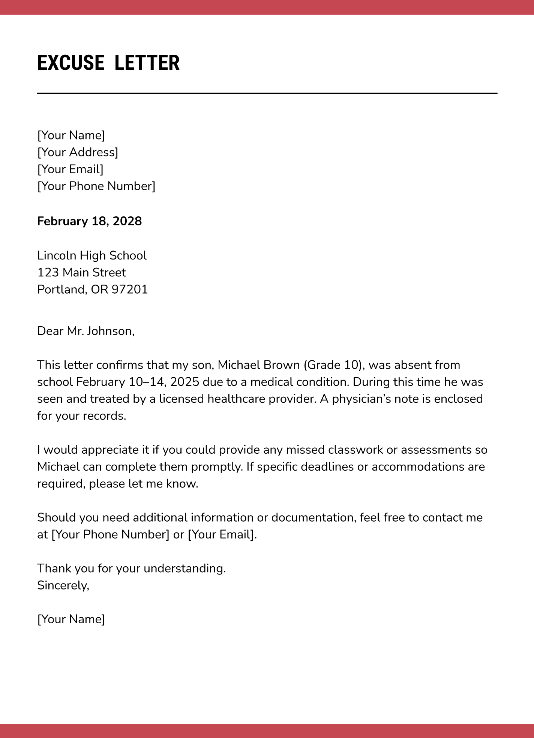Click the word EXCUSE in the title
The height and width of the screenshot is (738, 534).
coord(70,63)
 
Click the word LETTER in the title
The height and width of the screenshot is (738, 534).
coord(147,63)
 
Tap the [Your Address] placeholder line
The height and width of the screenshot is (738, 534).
coord(78,152)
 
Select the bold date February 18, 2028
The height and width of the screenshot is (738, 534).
coord(89,221)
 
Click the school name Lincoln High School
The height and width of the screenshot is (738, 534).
coord(92,256)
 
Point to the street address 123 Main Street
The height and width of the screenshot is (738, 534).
coord(81,273)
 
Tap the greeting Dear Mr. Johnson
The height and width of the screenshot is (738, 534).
coord(85,331)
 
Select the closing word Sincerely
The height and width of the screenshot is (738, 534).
coord(63,585)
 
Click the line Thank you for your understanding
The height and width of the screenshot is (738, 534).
coord(131,568)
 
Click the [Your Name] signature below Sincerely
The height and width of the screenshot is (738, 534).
coord(71,619)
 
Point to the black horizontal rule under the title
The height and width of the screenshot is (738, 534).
coord(267,93)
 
